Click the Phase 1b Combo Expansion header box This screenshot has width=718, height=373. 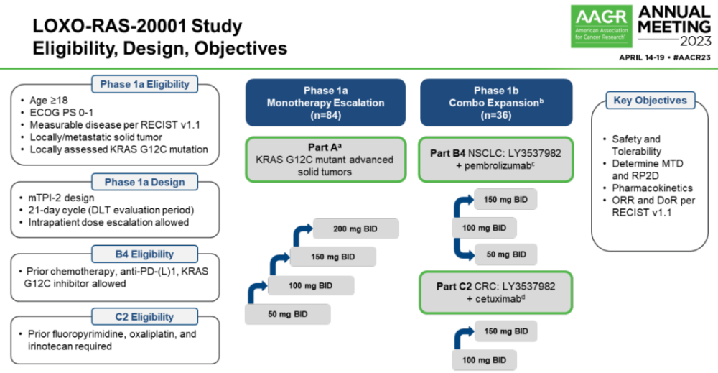click(x=496, y=102)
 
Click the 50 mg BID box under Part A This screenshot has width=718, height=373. click(x=288, y=315)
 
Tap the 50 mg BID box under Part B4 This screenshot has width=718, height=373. click(x=505, y=254)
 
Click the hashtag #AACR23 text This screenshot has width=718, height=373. click(x=689, y=57)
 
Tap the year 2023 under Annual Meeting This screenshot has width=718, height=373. click(x=678, y=40)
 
